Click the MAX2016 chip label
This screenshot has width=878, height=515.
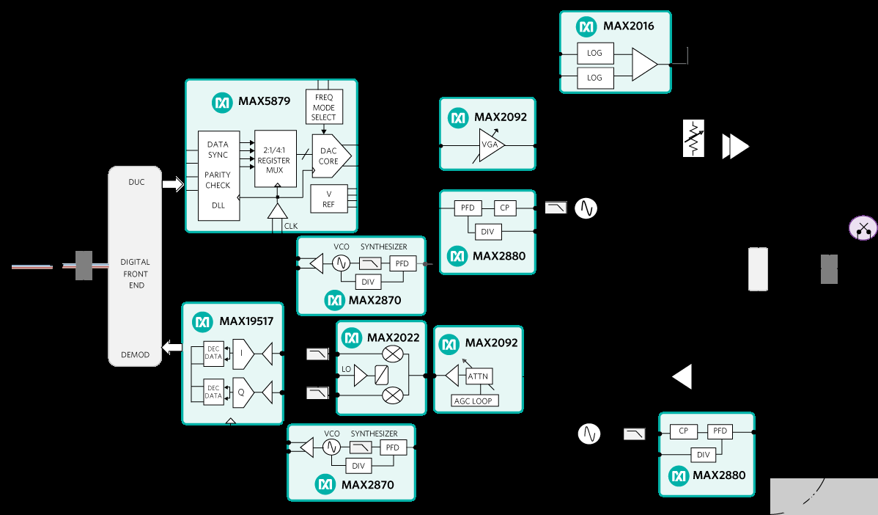point(628,26)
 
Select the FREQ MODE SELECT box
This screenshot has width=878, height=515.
point(324,107)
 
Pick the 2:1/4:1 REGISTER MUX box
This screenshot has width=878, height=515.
point(273,160)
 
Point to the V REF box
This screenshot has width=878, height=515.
point(328,199)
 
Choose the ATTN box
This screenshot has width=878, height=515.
point(478,376)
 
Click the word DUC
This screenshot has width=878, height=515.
point(136,182)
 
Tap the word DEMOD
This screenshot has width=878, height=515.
point(135,355)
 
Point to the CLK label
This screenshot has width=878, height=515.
point(291,227)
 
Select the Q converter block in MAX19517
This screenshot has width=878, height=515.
point(241,392)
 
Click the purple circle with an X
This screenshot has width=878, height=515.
point(863,228)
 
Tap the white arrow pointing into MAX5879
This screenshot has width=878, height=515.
point(172,185)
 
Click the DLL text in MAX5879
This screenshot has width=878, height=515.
point(218,205)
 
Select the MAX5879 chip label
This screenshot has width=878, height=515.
point(263,102)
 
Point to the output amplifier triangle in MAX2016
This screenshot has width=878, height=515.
point(643,65)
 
